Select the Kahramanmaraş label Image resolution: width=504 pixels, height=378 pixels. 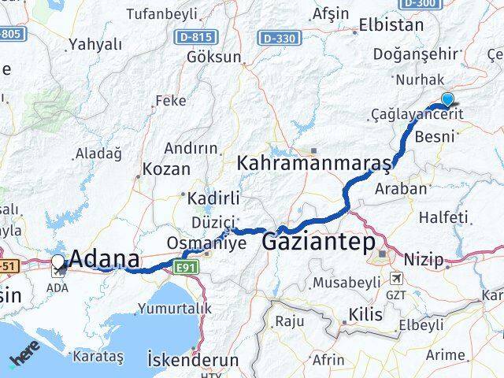coord(314,164)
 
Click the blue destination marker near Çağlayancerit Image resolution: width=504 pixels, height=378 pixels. coord(447,100)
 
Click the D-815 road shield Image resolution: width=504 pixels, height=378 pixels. coord(207,36)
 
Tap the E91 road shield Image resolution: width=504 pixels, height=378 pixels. coord(187,269)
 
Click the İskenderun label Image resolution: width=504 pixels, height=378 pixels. coord(193,359)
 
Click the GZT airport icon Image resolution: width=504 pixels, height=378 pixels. coord(395,279)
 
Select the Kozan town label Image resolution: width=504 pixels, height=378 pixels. coord(167,169)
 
